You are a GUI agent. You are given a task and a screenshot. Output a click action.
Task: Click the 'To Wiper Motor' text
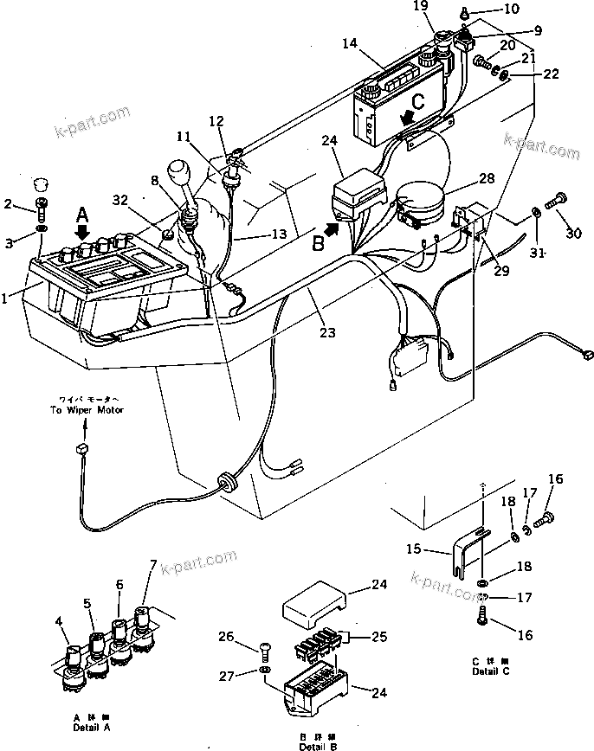[x=86, y=409]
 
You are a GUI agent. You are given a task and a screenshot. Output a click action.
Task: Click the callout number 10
[x=512, y=10]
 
